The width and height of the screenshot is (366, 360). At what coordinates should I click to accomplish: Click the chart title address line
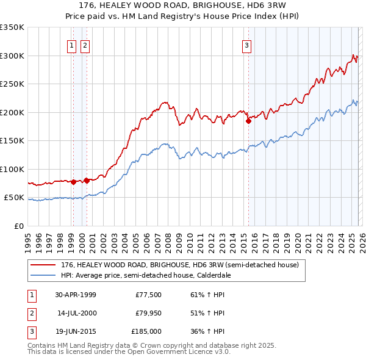[182, 5]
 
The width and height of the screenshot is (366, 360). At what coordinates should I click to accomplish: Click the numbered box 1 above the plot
[72, 45]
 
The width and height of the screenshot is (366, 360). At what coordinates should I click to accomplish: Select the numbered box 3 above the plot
[246, 45]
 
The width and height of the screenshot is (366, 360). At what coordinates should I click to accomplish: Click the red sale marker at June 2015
[248, 121]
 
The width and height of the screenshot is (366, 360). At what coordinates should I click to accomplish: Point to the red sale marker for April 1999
[74, 182]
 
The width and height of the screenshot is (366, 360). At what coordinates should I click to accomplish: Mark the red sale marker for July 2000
[87, 181]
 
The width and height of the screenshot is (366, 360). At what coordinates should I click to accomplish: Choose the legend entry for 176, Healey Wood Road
[179, 265]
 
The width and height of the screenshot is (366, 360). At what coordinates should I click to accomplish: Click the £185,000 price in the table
[146, 331]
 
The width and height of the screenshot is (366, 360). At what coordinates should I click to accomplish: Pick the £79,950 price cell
[148, 313]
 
